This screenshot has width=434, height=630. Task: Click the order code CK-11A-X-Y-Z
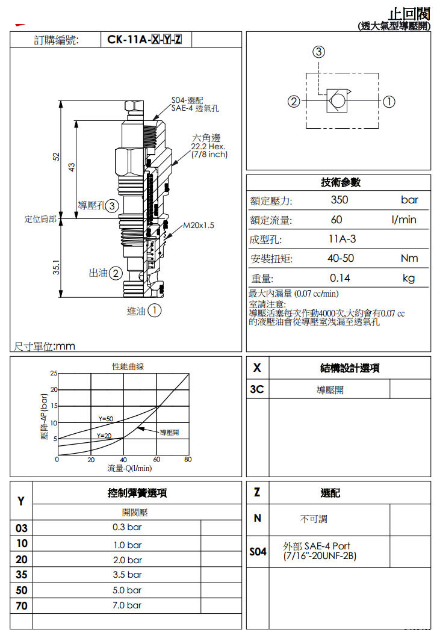[x=144, y=40]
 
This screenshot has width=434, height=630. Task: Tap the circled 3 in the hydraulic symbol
[x=319, y=52]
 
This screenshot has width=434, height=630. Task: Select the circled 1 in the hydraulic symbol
[x=389, y=101]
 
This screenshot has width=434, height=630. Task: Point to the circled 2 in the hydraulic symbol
[x=293, y=101]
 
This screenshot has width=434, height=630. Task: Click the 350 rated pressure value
[x=339, y=200]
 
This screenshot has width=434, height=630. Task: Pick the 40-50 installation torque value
[x=340, y=258]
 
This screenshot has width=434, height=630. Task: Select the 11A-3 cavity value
[x=342, y=239]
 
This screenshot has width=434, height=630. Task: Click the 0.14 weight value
[x=339, y=278]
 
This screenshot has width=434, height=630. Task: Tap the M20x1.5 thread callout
[x=199, y=225]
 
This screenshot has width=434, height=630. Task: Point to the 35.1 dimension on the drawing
[x=55, y=267]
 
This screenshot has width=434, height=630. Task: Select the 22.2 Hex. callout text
[x=208, y=147]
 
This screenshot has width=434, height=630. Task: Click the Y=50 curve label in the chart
[x=105, y=419]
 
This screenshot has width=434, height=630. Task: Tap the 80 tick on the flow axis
[x=188, y=460]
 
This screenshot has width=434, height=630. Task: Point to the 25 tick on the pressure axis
[x=53, y=374]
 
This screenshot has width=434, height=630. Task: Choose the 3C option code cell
[x=257, y=389]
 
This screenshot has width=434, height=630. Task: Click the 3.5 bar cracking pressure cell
[x=127, y=575]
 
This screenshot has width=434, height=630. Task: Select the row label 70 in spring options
[x=21, y=605]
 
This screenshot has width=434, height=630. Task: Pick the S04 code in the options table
[x=258, y=551]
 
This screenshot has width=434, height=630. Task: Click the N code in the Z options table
[x=257, y=518]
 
